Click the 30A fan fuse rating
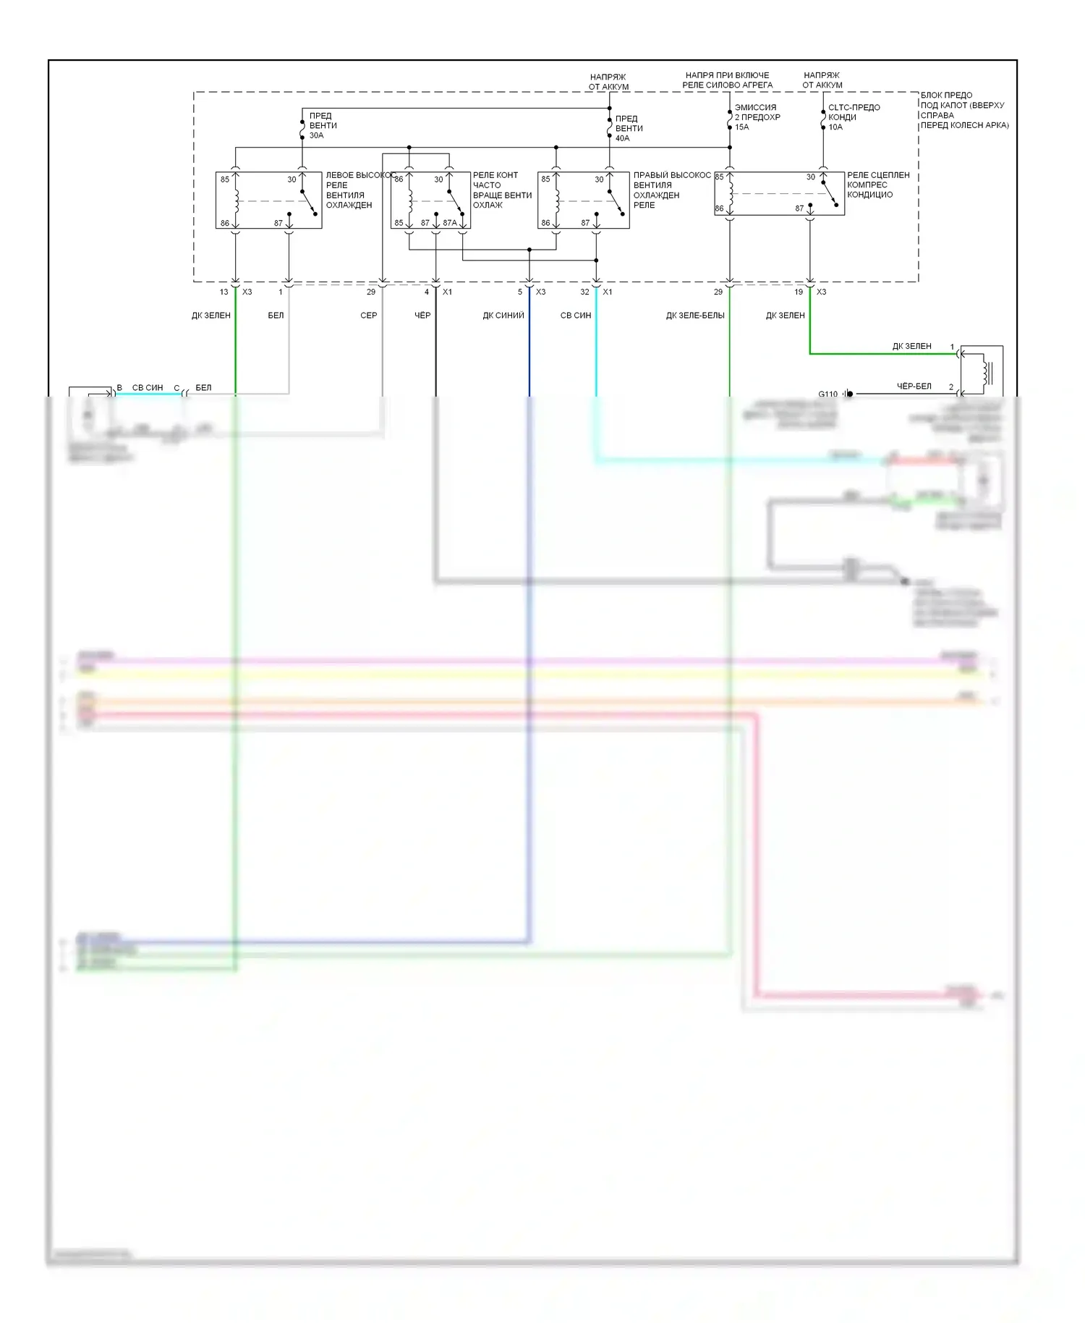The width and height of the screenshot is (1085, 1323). (x=317, y=135)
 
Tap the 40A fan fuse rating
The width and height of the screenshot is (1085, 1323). (x=622, y=138)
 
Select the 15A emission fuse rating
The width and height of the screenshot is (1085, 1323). (x=741, y=127)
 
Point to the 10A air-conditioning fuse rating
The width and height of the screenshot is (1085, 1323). (x=835, y=127)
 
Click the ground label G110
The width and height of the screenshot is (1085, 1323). (x=827, y=394)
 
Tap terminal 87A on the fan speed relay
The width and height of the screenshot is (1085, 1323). (x=450, y=223)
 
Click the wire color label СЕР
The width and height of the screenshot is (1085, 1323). (x=368, y=316)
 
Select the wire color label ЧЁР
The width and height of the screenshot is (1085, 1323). (x=422, y=316)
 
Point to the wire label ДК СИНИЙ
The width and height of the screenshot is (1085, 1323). (x=503, y=316)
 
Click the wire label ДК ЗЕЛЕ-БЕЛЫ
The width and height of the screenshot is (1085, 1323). (x=695, y=316)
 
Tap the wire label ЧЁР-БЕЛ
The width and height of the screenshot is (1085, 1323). (x=914, y=386)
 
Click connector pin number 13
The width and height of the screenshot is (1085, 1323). (x=224, y=292)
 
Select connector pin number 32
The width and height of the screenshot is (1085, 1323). (x=584, y=292)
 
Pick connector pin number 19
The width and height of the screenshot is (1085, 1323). (x=799, y=292)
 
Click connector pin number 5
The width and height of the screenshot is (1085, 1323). (x=519, y=292)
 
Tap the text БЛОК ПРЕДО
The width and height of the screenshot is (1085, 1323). (x=946, y=96)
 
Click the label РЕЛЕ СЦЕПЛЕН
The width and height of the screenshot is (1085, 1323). (x=878, y=175)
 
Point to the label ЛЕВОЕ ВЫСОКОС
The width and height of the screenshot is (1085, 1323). (x=359, y=175)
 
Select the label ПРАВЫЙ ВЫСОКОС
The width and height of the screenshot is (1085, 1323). (x=672, y=175)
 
